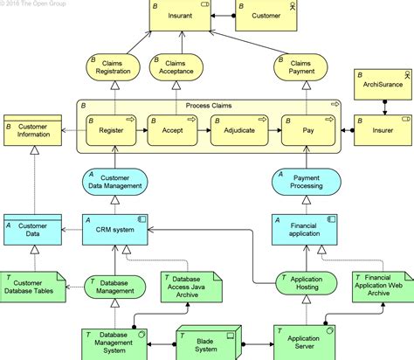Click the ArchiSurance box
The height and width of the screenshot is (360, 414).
(x=383, y=85)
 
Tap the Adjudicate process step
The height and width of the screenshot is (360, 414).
(x=238, y=130)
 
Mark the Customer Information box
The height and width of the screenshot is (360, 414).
(x=31, y=130)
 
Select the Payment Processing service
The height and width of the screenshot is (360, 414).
(x=307, y=180)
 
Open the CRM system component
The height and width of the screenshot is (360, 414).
(x=115, y=230)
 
